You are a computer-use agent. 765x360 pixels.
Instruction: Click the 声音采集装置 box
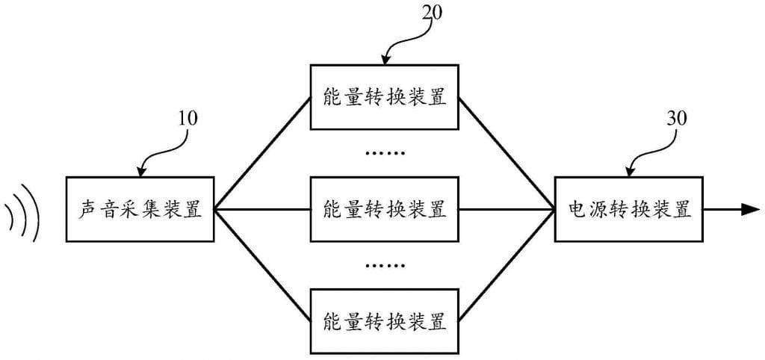(x=140, y=209)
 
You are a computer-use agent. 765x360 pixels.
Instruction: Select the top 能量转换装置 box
(x=385, y=97)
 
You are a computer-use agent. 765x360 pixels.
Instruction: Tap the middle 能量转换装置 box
(x=385, y=209)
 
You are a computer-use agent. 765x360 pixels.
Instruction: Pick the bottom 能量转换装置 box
(x=385, y=322)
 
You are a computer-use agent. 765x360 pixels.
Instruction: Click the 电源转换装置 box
(x=629, y=209)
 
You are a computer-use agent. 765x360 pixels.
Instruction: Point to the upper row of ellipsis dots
(x=385, y=153)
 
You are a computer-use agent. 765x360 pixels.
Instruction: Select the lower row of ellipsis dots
(x=385, y=266)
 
